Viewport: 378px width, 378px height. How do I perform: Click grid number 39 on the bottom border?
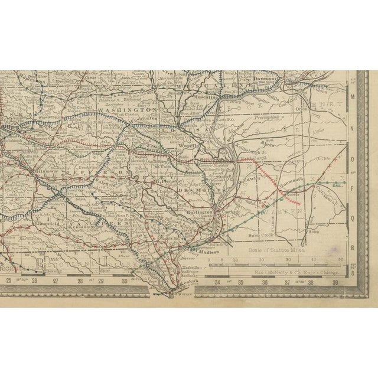(x=335, y=282)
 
